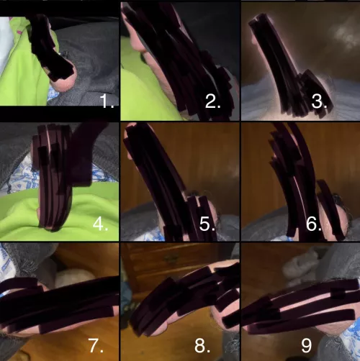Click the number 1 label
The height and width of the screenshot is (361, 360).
click(107, 101)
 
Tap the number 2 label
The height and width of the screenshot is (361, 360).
click(213, 101)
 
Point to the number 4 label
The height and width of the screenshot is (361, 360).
click(101, 224)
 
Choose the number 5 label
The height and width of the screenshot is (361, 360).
click(207, 224)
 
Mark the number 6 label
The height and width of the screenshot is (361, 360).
click(314, 224)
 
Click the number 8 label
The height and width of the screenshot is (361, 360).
click(204, 345)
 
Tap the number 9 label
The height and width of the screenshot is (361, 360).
click(307, 345)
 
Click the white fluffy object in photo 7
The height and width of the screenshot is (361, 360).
click(72, 277)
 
